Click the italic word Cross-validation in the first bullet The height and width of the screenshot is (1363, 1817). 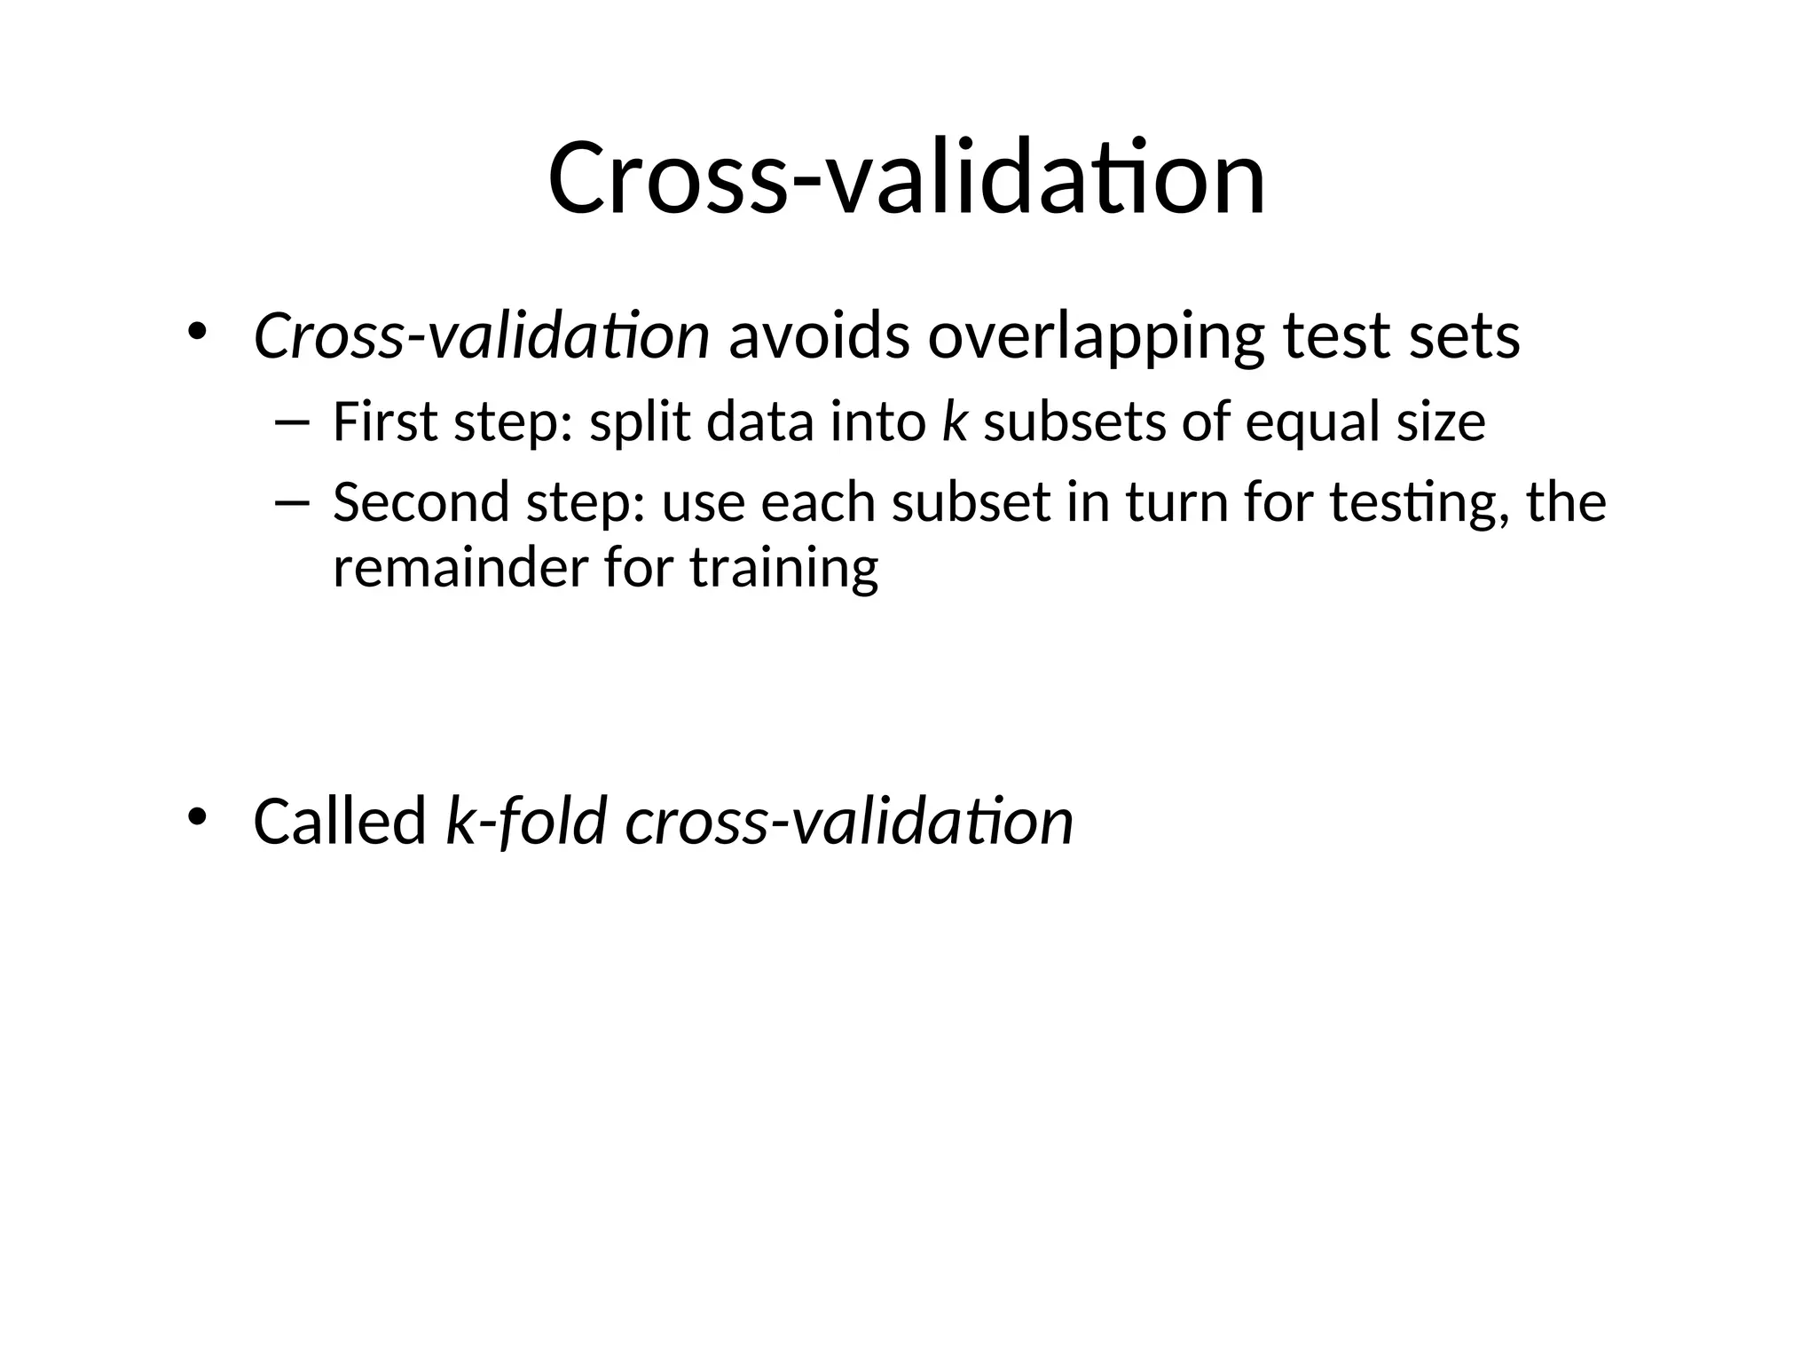pos(481,336)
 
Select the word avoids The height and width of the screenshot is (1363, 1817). pos(818,336)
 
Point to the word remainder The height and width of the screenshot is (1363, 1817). pos(460,567)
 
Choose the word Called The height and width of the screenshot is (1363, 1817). pos(340,821)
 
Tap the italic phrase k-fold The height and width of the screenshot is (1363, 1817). pos(526,821)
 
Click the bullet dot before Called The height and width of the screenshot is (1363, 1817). pos(196,816)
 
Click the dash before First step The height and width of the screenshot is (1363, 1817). pos(292,422)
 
